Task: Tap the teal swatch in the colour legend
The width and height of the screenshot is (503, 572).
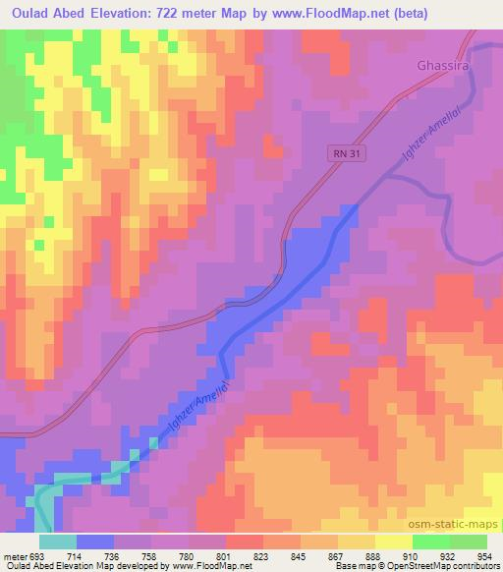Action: [58, 541]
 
